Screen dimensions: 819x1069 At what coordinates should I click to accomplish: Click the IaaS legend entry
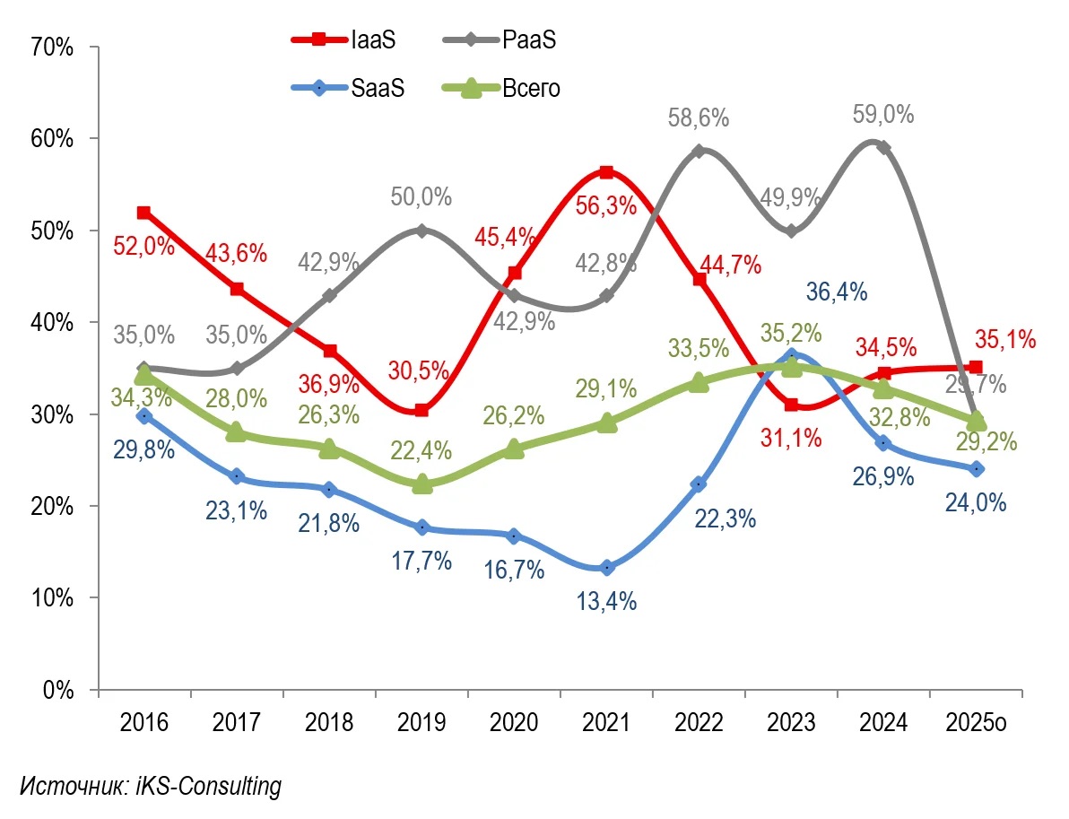345,39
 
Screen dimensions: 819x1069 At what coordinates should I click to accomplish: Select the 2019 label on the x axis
421,722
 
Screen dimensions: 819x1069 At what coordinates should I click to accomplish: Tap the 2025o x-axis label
976,722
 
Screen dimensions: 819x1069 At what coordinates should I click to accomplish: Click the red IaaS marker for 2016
143,213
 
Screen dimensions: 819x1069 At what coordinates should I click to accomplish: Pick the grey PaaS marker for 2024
883,147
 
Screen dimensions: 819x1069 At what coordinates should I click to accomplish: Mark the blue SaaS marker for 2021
606,568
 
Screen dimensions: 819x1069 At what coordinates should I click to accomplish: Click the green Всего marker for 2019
422,484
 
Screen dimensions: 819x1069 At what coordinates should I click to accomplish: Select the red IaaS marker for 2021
606,172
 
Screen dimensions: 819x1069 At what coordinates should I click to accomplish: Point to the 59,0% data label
883,116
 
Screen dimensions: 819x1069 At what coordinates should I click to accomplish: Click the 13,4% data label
606,601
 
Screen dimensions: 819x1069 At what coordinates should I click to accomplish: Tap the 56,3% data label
606,205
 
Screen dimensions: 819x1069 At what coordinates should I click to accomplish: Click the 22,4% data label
422,451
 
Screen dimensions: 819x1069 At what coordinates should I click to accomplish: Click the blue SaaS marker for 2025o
977,469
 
